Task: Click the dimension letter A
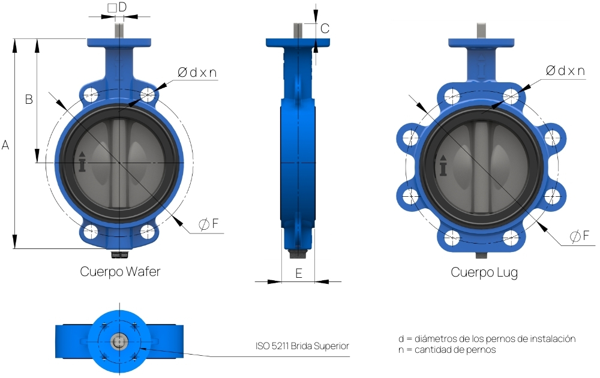(5, 145)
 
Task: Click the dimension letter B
(29, 100)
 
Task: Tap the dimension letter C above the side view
(325, 29)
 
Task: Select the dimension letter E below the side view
(299, 273)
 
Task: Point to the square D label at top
(117, 7)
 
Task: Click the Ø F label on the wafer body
(209, 224)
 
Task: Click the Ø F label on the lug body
(580, 236)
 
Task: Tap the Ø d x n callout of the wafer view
(197, 73)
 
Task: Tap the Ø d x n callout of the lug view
(565, 71)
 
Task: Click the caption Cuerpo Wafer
(120, 271)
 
